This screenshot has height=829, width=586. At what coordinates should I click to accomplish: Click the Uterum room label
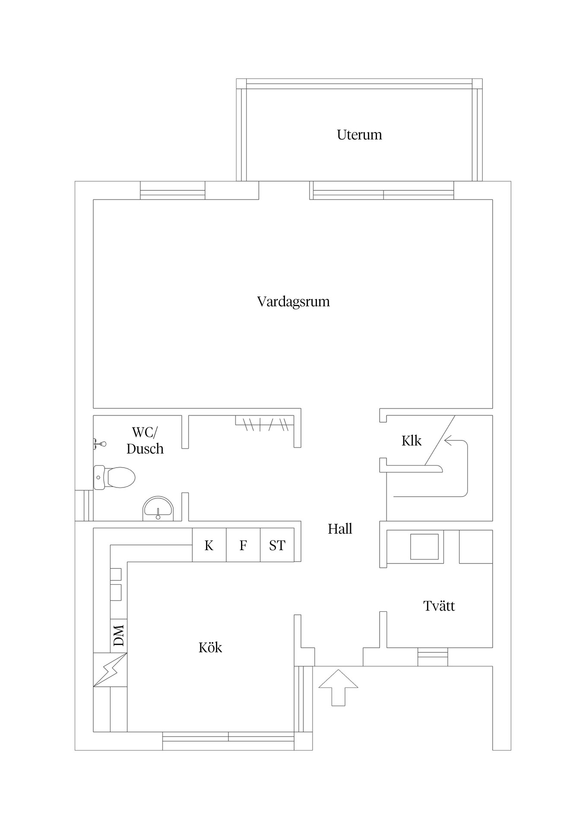(x=359, y=135)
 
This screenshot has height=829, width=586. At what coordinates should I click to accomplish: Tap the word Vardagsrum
(x=293, y=301)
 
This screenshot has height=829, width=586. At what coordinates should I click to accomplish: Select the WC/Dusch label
(x=145, y=440)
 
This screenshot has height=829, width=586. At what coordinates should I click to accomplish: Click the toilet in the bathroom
(x=115, y=478)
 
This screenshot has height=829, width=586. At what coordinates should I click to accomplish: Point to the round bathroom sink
(x=158, y=508)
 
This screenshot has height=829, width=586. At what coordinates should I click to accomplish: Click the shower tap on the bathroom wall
(x=100, y=444)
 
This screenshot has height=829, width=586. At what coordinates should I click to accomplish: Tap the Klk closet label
(x=411, y=441)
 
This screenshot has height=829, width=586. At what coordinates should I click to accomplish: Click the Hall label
(x=340, y=529)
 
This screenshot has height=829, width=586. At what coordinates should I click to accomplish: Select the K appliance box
(x=209, y=546)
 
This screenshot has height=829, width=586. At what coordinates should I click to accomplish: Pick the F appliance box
(x=243, y=546)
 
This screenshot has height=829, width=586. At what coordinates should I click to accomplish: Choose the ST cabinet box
(x=277, y=546)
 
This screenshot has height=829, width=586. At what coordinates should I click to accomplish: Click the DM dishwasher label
(x=119, y=635)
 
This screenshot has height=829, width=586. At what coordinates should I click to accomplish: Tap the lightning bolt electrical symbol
(x=110, y=669)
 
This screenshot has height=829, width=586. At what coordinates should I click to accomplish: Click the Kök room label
(x=210, y=648)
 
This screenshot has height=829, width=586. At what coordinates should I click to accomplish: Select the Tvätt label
(x=439, y=606)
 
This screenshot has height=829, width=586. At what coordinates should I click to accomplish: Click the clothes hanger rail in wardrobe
(x=265, y=424)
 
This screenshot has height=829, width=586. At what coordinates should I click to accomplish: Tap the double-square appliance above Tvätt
(x=424, y=547)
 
